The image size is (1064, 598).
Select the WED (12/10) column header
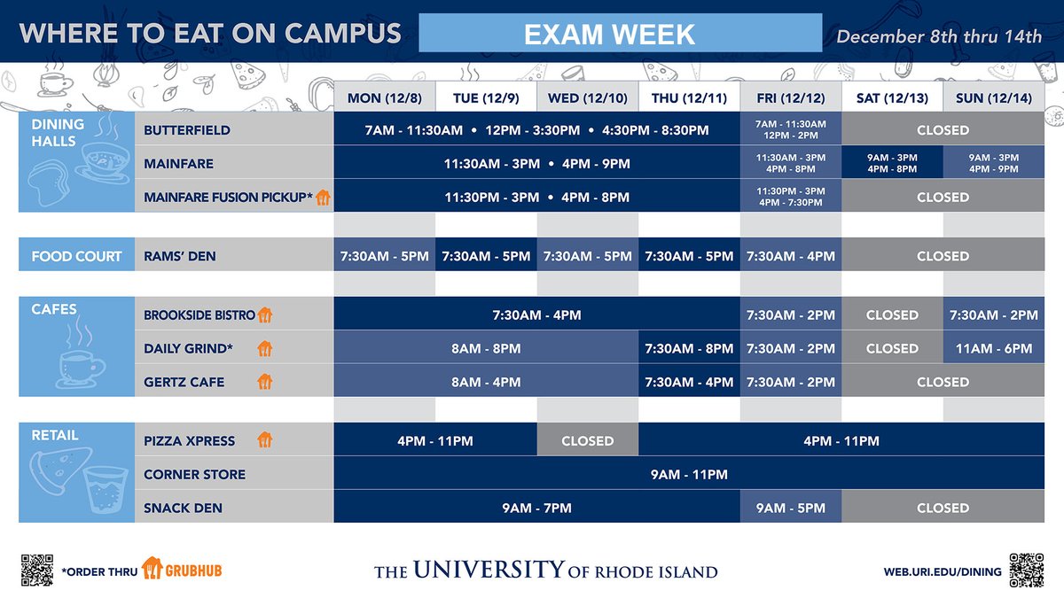point(587,97)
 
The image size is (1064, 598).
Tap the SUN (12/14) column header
point(993,97)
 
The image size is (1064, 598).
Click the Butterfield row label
point(187,130)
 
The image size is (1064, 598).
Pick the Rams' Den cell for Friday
point(790,256)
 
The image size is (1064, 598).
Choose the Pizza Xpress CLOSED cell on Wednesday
point(587,440)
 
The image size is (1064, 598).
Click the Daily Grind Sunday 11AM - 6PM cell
point(993,348)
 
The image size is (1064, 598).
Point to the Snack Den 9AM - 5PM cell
point(790,508)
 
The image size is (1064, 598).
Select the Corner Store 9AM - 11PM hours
point(688,474)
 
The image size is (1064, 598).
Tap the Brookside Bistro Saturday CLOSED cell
point(892,315)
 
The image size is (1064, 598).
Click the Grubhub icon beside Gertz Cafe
point(264,383)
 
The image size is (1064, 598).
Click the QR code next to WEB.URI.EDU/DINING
point(1026,570)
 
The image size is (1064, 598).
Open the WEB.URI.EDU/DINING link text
point(942,571)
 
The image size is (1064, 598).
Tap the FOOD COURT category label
point(76,256)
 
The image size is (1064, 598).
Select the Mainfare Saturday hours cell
point(892,163)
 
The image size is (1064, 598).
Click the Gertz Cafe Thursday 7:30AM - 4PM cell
point(689,382)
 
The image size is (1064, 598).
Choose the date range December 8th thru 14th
point(939,36)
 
